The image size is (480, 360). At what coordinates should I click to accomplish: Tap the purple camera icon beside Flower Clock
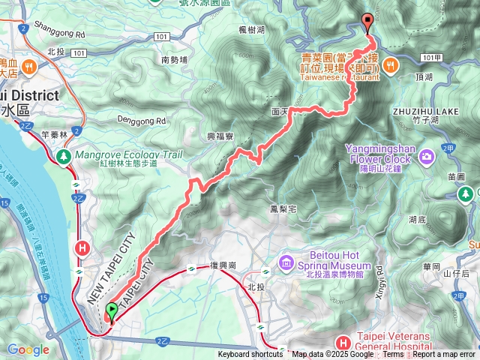[x=427, y=156]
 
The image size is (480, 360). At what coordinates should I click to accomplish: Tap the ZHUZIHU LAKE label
[x=425, y=111]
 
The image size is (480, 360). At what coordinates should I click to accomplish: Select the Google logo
[x=28, y=349]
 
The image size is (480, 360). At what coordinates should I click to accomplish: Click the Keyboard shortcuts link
[x=250, y=355]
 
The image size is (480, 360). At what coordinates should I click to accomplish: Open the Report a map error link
[x=444, y=355]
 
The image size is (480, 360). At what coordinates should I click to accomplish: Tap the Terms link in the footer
[x=393, y=355]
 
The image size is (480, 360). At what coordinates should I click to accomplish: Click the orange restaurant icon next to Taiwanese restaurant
[x=389, y=66]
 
